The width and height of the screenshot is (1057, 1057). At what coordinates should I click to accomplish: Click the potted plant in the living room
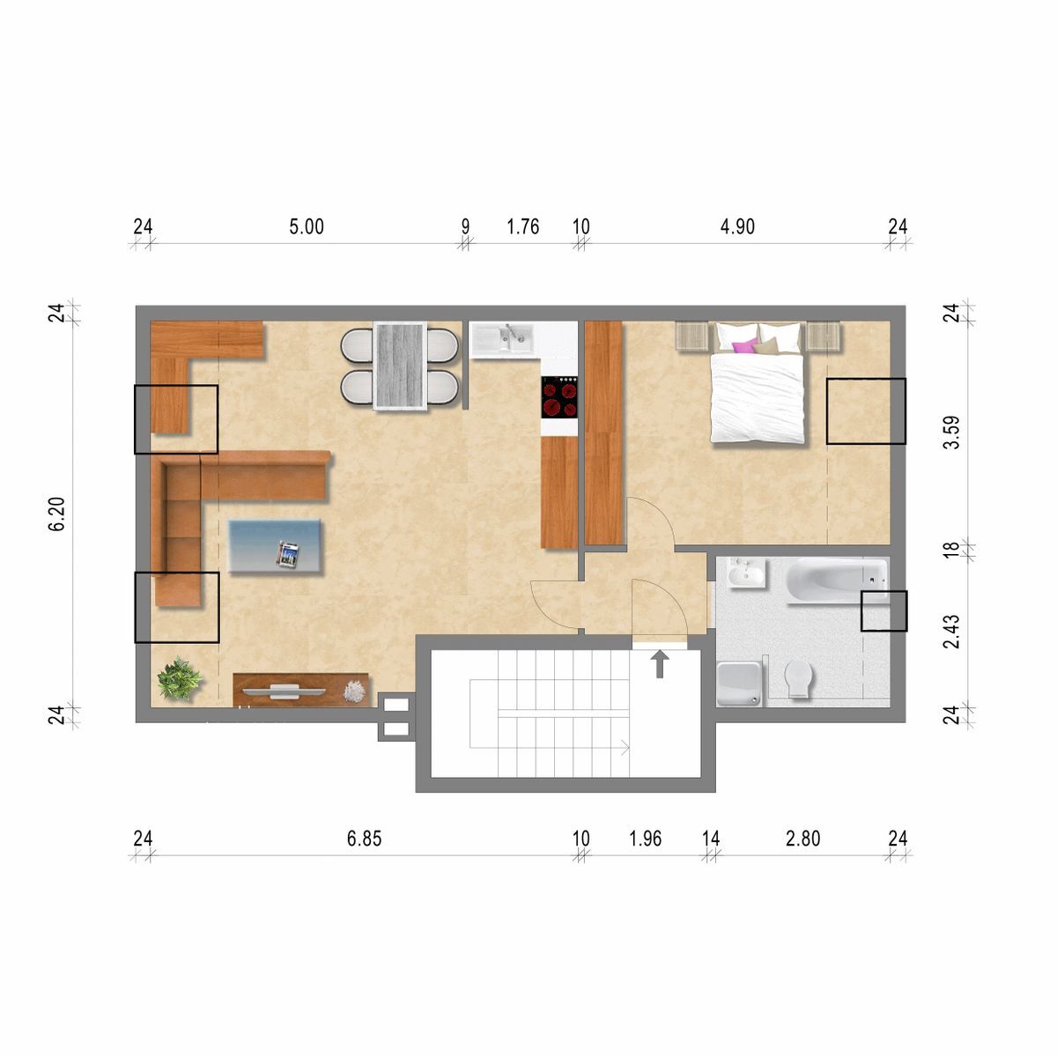point(180,678)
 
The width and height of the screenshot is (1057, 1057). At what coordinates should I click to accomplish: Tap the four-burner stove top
point(559,397)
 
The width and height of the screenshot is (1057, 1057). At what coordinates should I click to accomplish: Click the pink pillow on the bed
point(745,345)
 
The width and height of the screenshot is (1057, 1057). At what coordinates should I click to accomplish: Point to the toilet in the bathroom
point(799,678)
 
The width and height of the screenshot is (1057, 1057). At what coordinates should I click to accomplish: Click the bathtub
point(837,580)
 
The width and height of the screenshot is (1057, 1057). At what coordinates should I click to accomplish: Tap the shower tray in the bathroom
point(740,684)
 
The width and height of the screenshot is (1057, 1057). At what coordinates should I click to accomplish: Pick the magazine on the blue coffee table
point(289,554)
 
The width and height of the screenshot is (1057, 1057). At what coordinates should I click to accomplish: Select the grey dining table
point(400,366)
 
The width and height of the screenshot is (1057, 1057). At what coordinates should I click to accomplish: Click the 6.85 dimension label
point(364,839)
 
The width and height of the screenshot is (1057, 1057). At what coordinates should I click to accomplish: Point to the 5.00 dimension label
point(307,226)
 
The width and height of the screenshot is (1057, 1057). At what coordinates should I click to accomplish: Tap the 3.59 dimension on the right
point(951,432)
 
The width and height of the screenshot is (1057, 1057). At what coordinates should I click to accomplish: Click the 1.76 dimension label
point(522,226)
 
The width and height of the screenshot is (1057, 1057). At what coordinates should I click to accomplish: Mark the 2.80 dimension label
point(803,839)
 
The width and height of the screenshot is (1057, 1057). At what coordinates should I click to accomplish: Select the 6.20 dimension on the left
point(56,514)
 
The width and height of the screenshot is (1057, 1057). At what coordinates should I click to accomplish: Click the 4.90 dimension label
point(737,226)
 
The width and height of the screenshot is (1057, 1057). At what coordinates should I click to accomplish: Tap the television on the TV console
point(272,691)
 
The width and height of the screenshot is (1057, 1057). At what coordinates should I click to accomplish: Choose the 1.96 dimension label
point(646,839)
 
